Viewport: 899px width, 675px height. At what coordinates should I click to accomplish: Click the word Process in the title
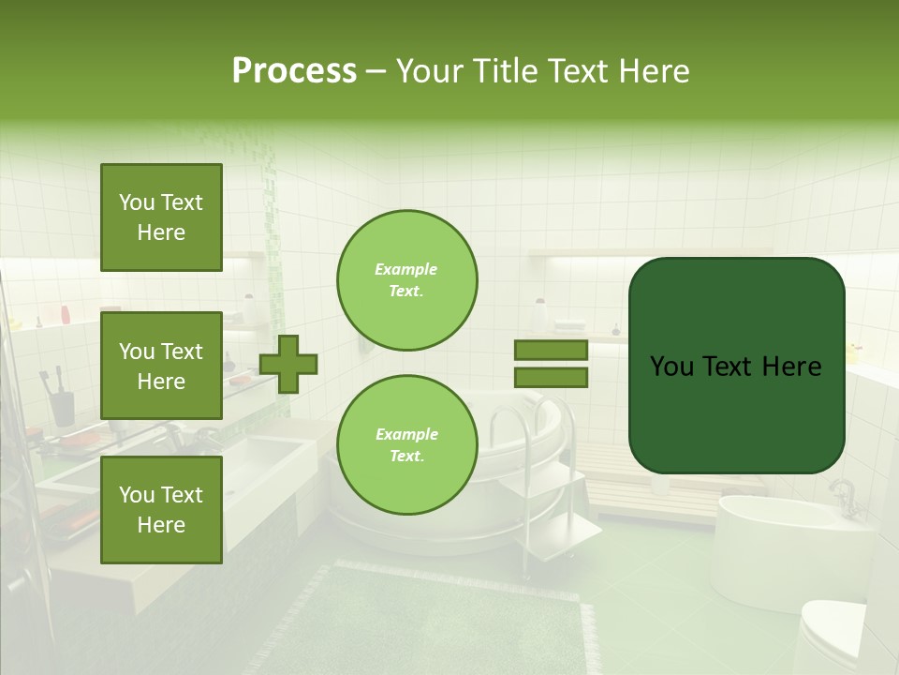click(294, 71)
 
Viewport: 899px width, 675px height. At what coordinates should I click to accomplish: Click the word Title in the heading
click(505, 71)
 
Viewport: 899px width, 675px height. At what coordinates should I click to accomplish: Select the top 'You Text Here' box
click(161, 217)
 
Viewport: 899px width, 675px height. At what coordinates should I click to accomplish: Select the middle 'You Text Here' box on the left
click(161, 366)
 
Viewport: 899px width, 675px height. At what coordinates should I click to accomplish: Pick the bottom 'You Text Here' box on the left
click(161, 509)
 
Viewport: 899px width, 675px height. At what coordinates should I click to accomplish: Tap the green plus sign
click(288, 364)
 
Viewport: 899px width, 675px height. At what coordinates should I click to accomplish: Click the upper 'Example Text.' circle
click(406, 280)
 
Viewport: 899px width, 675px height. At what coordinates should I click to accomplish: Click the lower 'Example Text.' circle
click(406, 445)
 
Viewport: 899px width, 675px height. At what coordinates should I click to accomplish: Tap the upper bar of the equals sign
click(551, 351)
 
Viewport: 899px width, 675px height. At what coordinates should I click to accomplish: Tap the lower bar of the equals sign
click(551, 377)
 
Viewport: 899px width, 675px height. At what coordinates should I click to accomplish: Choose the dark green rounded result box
click(736, 366)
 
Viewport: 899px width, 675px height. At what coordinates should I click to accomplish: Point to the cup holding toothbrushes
click(62, 407)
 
